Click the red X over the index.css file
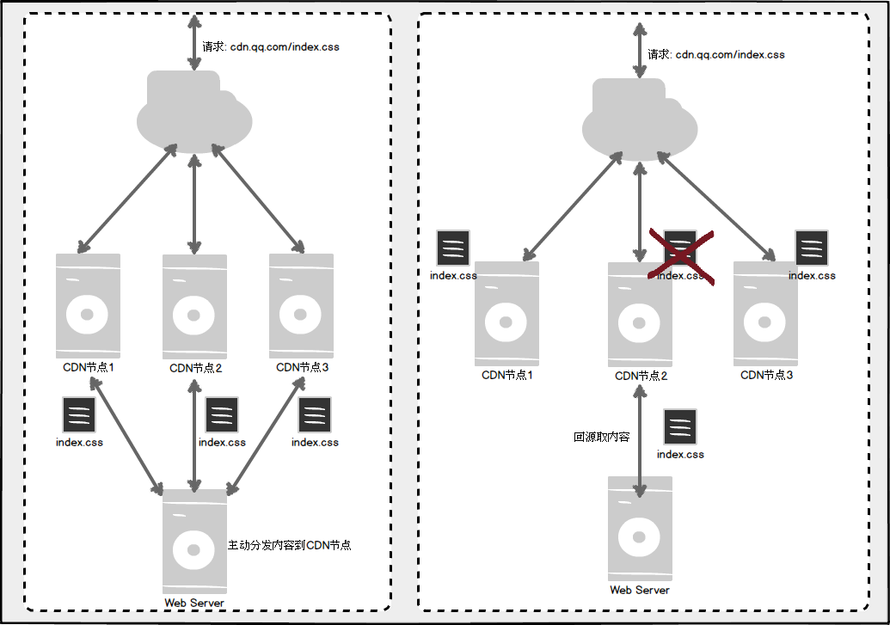coord(681,256)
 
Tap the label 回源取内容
coord(602,437)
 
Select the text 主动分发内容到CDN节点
coord(290,545)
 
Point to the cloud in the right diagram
coord(640,119)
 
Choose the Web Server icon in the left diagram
coord(194,542)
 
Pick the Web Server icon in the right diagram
coord(640,529)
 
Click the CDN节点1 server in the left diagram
coord(88,306)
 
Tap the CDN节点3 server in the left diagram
coord(302,306)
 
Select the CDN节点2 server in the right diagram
coord(641,315)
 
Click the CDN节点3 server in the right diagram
coord(765,313)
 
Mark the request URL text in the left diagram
coord(271,46)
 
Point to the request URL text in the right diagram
coord(716,54)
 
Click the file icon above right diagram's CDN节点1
coord(453,248)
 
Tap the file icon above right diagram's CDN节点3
coord(812,248)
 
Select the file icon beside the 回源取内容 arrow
coord(680,427)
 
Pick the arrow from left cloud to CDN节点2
coord(194,204)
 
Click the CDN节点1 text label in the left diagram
coord(89,367)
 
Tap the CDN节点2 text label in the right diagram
coord(641,376)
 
